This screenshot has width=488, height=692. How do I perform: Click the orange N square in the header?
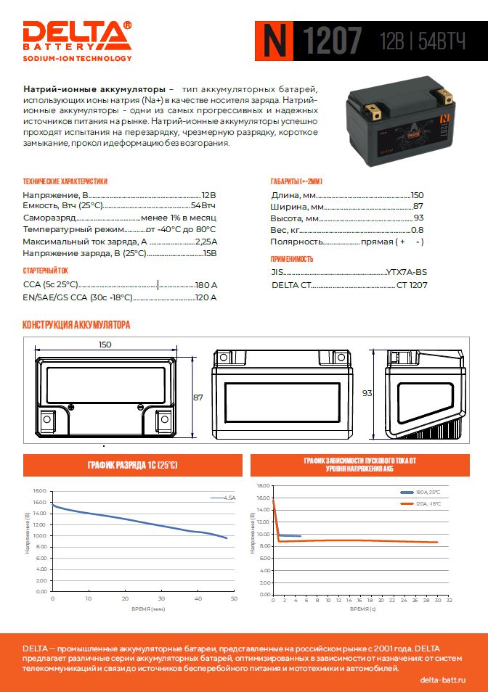(274, 40)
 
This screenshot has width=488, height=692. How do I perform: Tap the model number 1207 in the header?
(331, 41)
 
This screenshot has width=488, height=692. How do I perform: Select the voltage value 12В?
(208, 195)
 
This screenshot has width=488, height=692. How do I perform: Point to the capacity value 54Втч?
(203, 206)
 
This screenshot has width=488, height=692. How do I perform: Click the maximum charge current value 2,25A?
(206, 241)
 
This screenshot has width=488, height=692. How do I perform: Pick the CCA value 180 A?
(206, 286)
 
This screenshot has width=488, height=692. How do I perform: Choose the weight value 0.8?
(418, 230)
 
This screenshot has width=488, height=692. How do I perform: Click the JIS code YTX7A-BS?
(407, 272)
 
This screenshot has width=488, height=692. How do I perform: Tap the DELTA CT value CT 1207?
(412, 285)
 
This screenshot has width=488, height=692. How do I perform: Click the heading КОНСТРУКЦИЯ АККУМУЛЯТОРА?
(76, 325)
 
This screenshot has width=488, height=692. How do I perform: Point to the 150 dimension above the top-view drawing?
(105, 345)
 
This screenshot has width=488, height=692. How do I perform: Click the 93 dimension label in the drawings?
(367, 393)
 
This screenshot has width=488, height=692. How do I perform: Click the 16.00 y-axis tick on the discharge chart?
(39, 502)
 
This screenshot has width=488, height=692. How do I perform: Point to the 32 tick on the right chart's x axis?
(450, 600)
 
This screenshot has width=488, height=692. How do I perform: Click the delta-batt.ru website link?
(443, 680)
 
